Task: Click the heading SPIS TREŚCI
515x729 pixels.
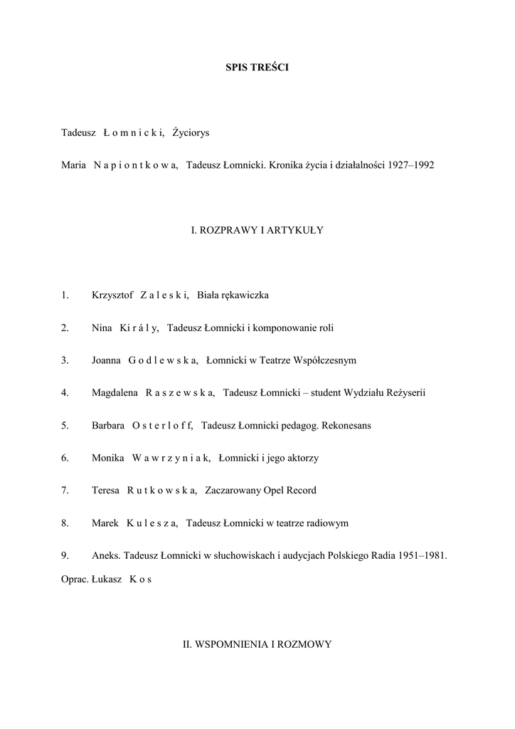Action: click(x=257, y=68)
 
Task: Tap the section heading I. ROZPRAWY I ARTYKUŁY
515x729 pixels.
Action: click(x=257, y=230)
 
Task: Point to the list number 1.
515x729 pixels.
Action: click(x=65, y=295)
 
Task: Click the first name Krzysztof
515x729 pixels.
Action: click(x=112, y=295)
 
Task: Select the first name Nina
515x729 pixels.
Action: click(x=102, y=328)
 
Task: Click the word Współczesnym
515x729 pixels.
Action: click(x=322, y=360)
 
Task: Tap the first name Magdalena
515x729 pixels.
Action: click(x=115, y=393)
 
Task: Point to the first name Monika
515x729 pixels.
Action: click(x=108, y=458)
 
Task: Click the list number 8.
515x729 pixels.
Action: click(x=65, y=523)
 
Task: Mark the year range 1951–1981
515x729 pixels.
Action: click(x=422, y=556)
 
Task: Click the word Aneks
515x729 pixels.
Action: click(x=105, y=556)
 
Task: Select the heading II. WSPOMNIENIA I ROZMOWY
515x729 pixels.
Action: click(x=257, y=644)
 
